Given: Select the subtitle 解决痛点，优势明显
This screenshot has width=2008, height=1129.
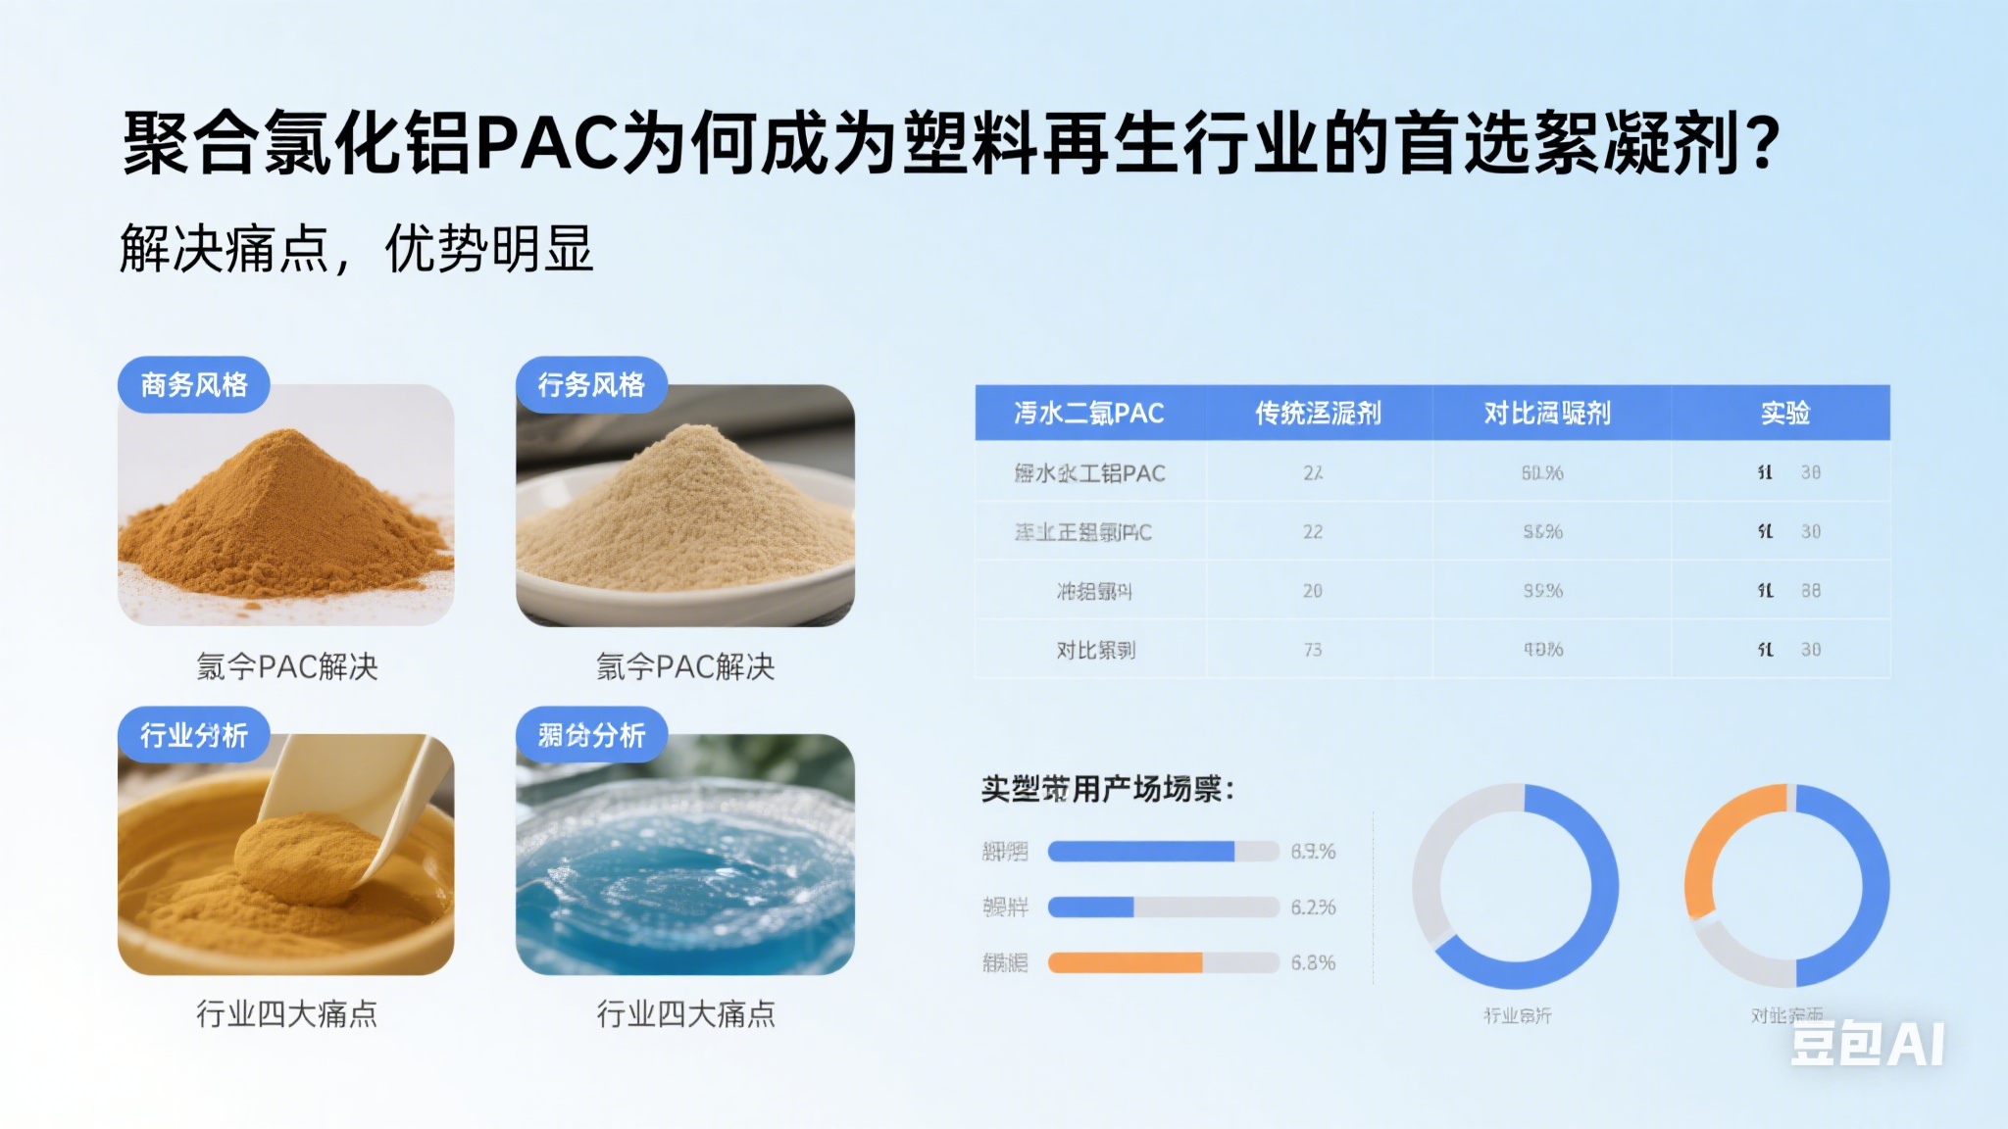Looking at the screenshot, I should (356, 248).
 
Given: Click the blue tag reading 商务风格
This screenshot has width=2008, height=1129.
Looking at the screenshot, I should (194, 384).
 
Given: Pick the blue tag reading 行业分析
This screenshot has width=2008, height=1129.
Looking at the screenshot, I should (193, 735).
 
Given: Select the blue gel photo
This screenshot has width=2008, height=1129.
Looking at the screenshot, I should (684, 862).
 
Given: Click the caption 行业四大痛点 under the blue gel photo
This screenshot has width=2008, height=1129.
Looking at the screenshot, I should (685, 1013).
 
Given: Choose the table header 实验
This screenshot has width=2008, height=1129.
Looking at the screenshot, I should (1784, 413).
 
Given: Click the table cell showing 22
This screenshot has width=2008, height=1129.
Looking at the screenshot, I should (1313, 532).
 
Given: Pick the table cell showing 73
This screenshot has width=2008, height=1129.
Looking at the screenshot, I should (1313, 650).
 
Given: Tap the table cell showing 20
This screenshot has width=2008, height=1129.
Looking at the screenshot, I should (1313, 591).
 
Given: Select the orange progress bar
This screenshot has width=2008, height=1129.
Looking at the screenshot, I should (1126, 962).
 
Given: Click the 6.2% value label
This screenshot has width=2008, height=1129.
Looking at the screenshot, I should (1313, 908).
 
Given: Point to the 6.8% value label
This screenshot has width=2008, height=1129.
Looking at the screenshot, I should (1313, 962).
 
